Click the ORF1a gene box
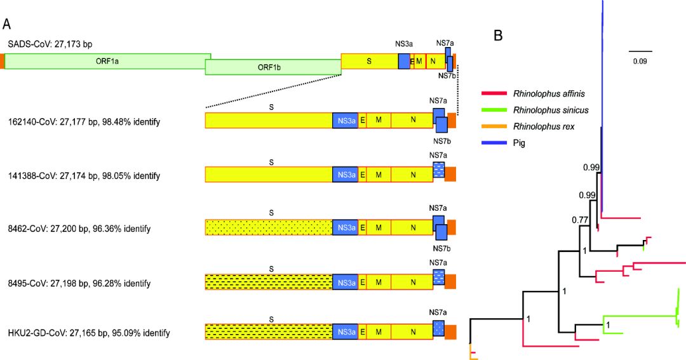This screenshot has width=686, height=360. pos(107,61)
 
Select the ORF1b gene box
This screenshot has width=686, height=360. pos(273,67)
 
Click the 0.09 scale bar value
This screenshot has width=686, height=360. pos(640,61)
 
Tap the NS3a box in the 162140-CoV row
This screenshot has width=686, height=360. pos(346,121)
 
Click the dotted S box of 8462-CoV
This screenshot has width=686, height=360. pos(269,227)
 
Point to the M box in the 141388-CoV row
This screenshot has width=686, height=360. pos(379,174)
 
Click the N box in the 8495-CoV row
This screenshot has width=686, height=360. pos(413,280)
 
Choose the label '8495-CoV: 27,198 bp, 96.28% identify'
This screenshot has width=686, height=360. pos(79,281)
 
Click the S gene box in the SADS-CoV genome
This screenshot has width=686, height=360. pos(369,61)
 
